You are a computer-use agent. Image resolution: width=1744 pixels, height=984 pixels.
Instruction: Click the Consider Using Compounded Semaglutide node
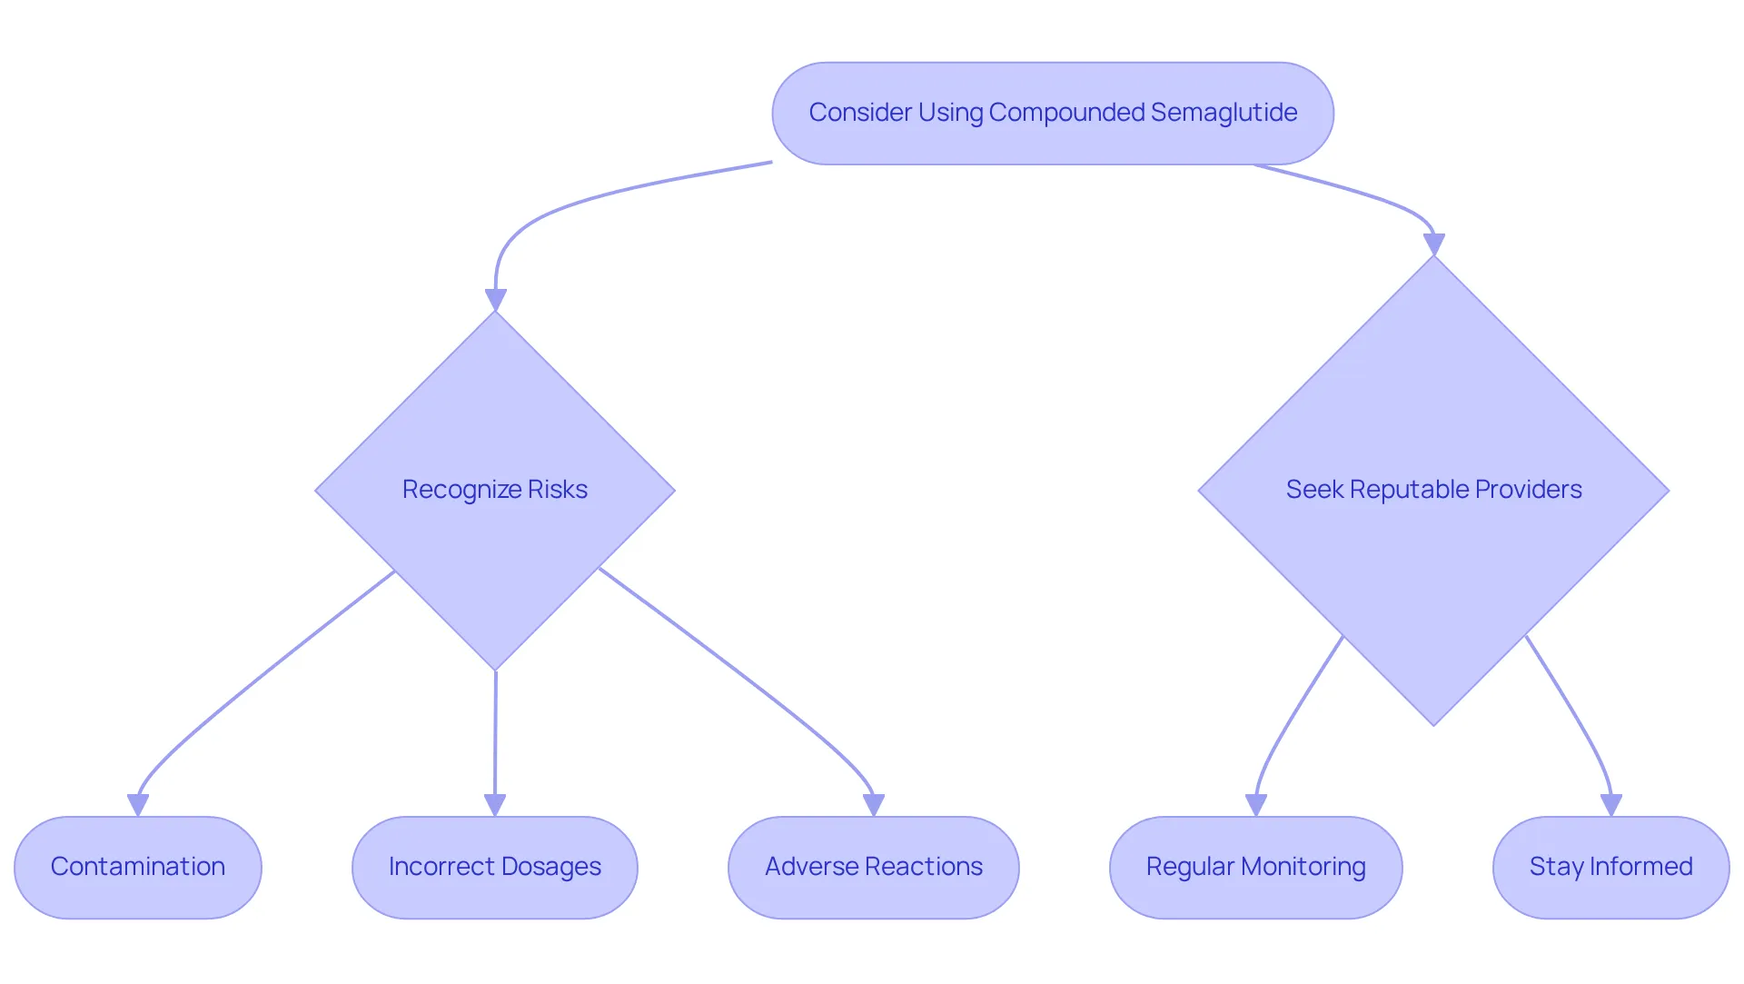tap(1053, 114)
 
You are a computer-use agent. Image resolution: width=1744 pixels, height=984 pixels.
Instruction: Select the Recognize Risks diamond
tap(495, 491)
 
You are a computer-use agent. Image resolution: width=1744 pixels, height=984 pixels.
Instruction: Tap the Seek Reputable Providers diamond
tap(1433, 491)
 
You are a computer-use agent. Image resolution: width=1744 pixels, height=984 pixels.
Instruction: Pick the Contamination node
tap(138, 868)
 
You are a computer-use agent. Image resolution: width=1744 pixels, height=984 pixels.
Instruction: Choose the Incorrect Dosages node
tap(495, 868)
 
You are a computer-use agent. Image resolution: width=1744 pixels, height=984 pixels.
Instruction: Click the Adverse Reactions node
tap(874, 868)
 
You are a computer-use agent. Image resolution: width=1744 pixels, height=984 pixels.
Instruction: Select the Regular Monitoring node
tap(1256, 868)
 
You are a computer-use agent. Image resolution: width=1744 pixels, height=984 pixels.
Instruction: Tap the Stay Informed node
tap(1611, 868)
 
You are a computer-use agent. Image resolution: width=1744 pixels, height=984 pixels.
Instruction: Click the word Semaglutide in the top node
tap(1224, 113)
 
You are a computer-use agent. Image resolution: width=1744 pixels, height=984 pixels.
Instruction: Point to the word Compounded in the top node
tap(1066, 113)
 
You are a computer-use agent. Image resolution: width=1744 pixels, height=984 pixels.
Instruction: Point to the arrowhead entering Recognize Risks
tap(495, 301)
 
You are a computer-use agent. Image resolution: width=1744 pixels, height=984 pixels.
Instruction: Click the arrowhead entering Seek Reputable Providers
tap(1433, 245)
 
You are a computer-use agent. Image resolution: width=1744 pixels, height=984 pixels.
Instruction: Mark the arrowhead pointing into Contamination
tap(138, 806)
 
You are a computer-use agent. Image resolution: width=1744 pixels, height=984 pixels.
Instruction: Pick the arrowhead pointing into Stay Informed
tap(1611, 806)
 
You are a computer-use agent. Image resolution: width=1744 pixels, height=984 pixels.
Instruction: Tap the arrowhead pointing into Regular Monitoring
tap(1256, 806)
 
